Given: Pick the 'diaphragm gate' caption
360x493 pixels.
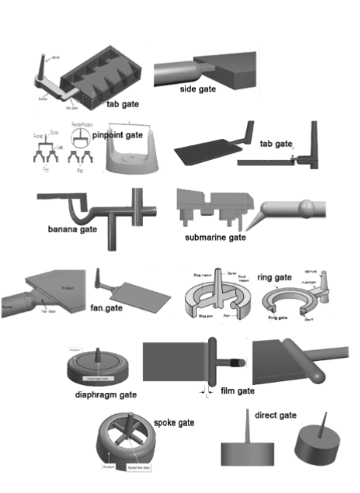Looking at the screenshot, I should pyautogui.click(x=106, y=394).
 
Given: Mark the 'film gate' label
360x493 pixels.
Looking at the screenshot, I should pyautogui.click(x=237, y=391).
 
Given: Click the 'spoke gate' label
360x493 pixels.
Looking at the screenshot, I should pyautogui.click(x=174, y=423).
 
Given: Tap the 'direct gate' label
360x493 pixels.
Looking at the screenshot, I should pyautogui.click(x=275, y=415).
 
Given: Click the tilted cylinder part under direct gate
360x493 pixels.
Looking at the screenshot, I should pyautogui.click(x=313, y=445).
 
